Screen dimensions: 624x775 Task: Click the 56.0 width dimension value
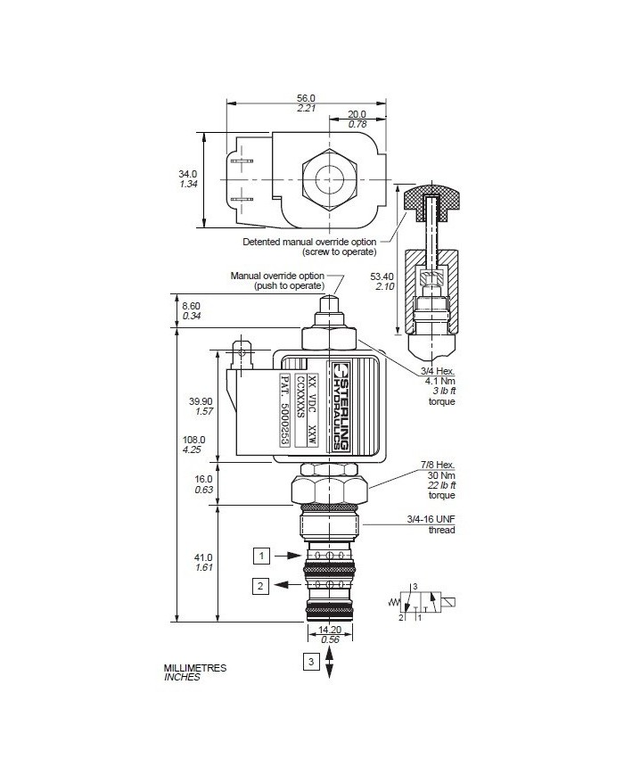[306, 98]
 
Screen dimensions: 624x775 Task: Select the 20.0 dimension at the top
[357, 115]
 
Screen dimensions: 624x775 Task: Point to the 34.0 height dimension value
[188, 174]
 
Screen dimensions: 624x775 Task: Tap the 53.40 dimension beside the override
[382, 276]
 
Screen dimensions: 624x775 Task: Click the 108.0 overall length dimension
[193, 440]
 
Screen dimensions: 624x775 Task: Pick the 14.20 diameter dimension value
[330, 630]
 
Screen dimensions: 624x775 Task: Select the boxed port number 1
[261, 556]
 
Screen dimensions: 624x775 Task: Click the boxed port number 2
[260, 586]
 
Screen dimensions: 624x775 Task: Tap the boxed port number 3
[311, 662]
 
